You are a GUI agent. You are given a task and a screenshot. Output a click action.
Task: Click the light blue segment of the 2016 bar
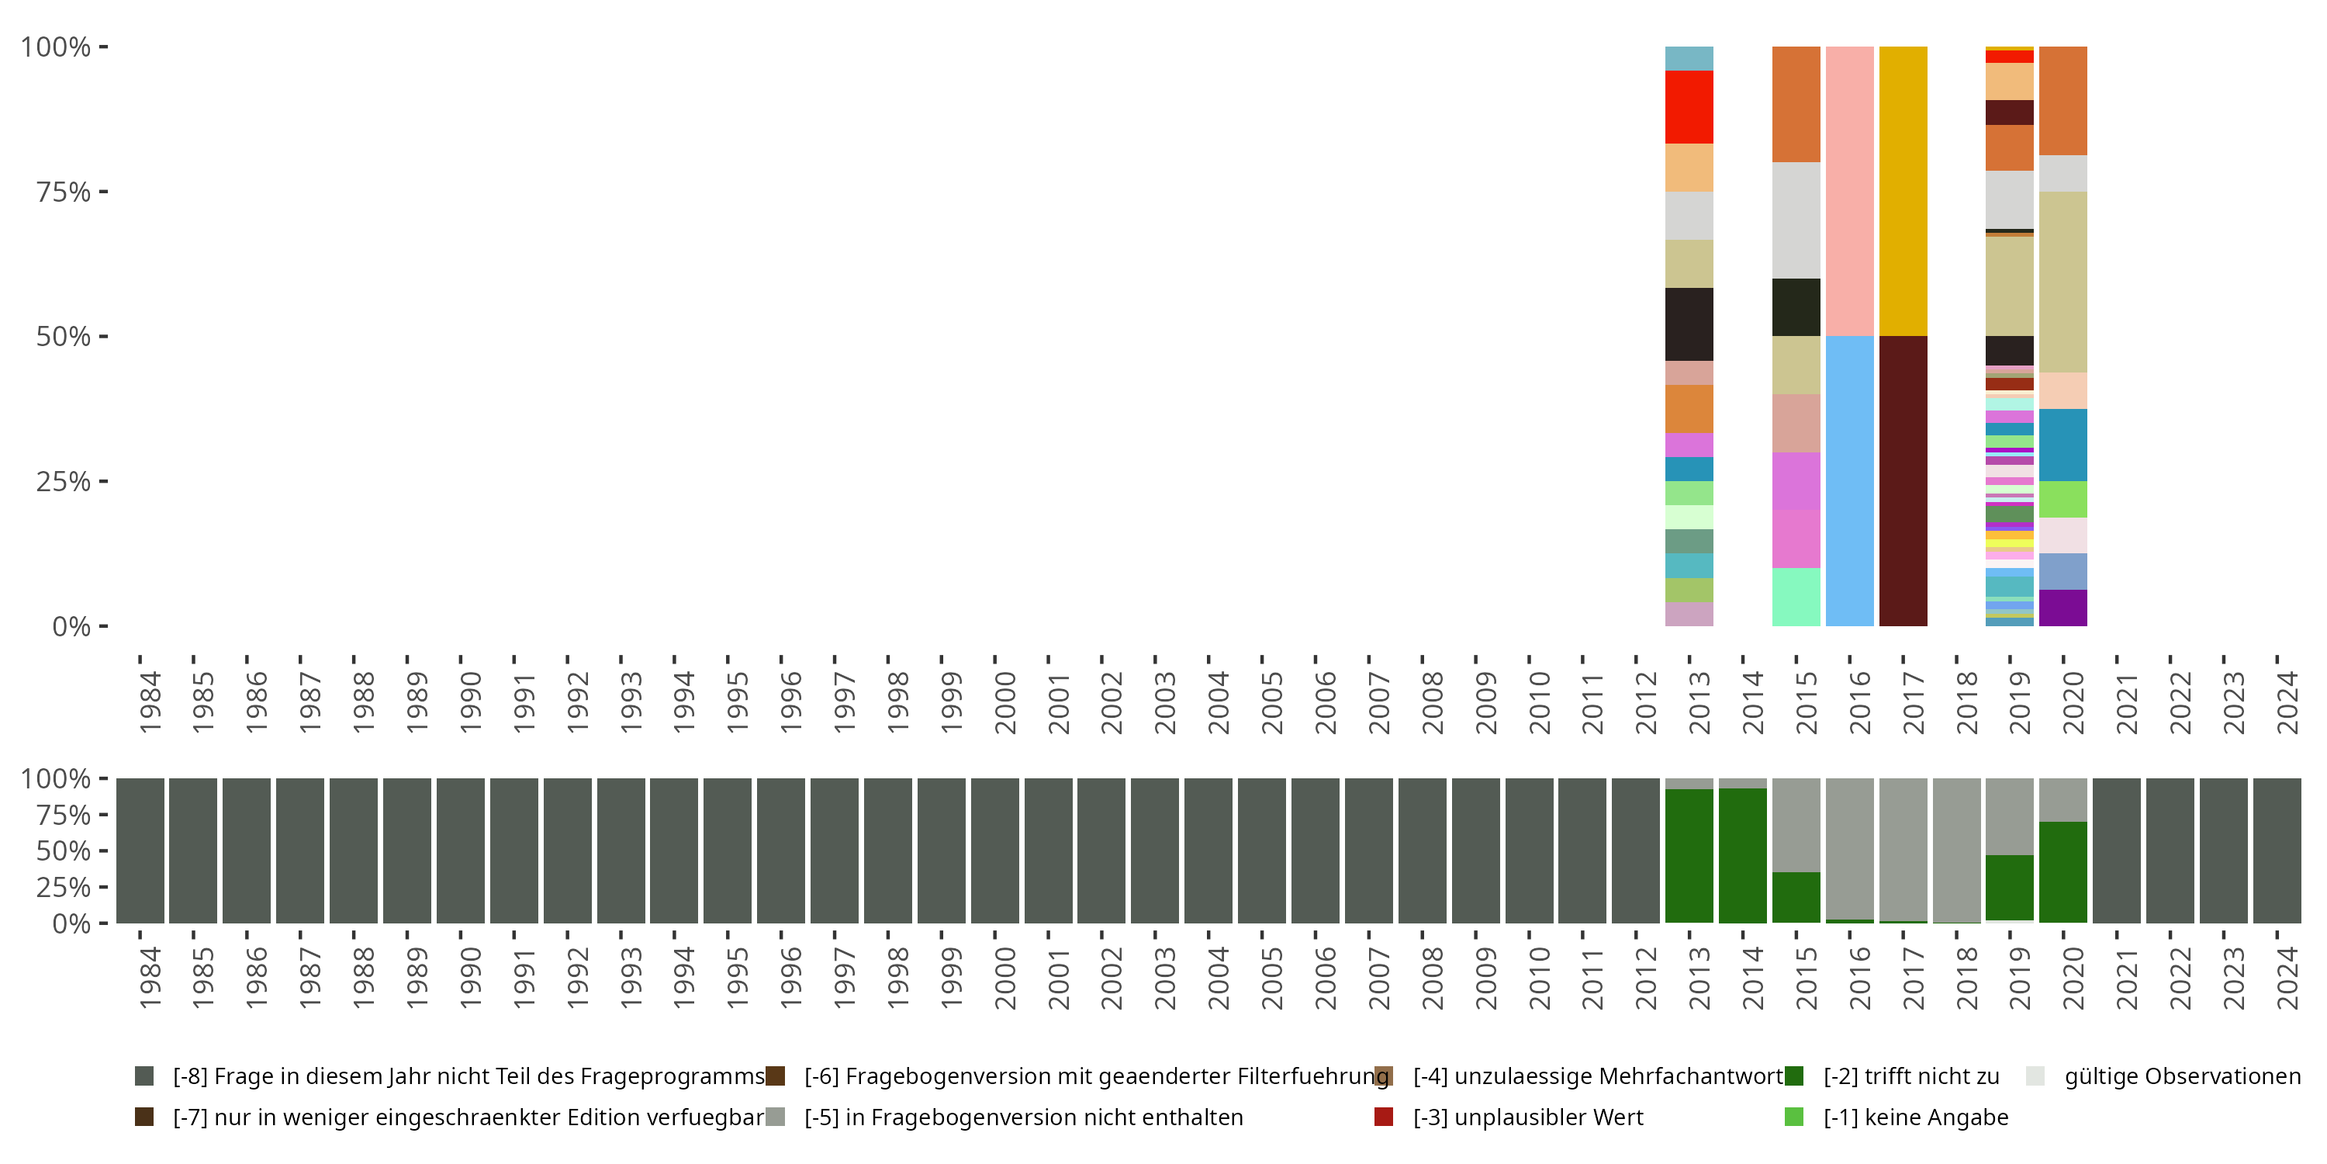[x=1849, y=481]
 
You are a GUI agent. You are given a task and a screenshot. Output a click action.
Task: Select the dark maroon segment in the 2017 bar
[x=1903, y=481]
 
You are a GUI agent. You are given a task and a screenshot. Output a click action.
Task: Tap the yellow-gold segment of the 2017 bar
[x=1903, y=191]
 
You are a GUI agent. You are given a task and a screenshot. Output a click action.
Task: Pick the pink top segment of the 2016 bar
[x=1849, y=191]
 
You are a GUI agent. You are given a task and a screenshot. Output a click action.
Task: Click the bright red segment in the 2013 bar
[x=1689, y=106]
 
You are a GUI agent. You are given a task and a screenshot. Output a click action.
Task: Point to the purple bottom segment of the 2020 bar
[x=2062, y=608]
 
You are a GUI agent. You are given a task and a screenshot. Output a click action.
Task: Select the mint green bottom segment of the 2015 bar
[x=1796, y=597]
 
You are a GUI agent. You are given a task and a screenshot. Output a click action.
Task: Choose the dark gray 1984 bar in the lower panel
[x=140, y=850]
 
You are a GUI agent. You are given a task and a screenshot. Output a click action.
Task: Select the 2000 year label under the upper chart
[x=1004, y=702]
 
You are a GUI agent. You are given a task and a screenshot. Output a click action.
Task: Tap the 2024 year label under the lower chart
[x=2287, y=978]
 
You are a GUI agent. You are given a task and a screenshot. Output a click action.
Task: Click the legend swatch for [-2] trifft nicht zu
[x=1793, y=1076]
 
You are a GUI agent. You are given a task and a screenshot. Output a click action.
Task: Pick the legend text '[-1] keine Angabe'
[x=1915, y=1117]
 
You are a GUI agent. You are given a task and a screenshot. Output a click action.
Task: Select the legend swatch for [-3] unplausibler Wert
[x=1383, y=1117]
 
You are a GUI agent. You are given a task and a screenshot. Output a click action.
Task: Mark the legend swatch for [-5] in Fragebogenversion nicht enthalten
[x=775, y=1117]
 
